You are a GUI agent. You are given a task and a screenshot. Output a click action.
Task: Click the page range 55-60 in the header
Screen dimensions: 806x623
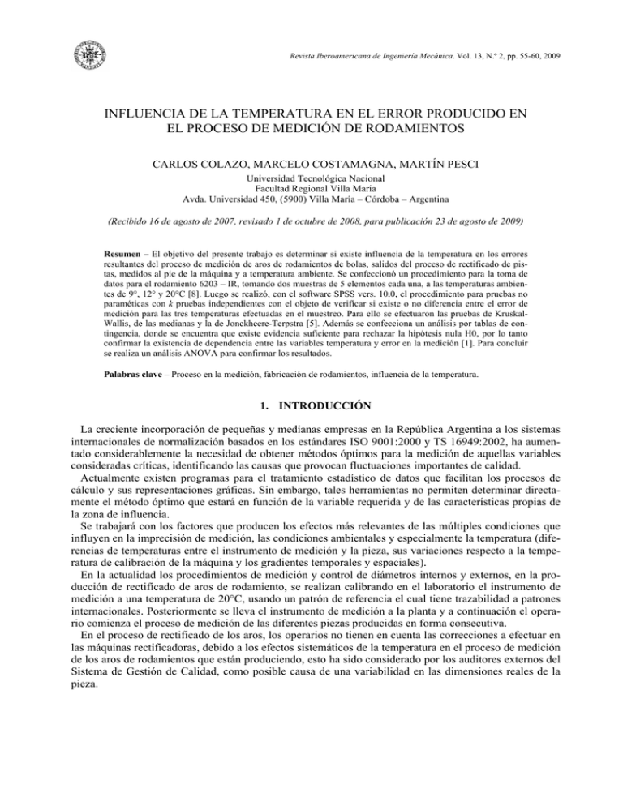tap(508, 55)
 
